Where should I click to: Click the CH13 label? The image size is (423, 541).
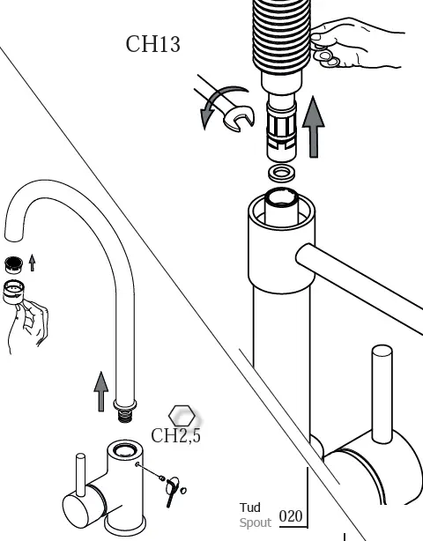152,44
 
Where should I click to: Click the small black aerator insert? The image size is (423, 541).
12,263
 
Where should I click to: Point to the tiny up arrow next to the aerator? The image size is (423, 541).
33,262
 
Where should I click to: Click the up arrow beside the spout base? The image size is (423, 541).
101,391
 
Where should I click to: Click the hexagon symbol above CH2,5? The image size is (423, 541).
182,415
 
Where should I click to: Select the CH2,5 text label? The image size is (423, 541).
175,436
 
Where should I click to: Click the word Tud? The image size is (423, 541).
249,508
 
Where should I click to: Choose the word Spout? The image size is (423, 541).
255,522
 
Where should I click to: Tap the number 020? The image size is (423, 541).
291,516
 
